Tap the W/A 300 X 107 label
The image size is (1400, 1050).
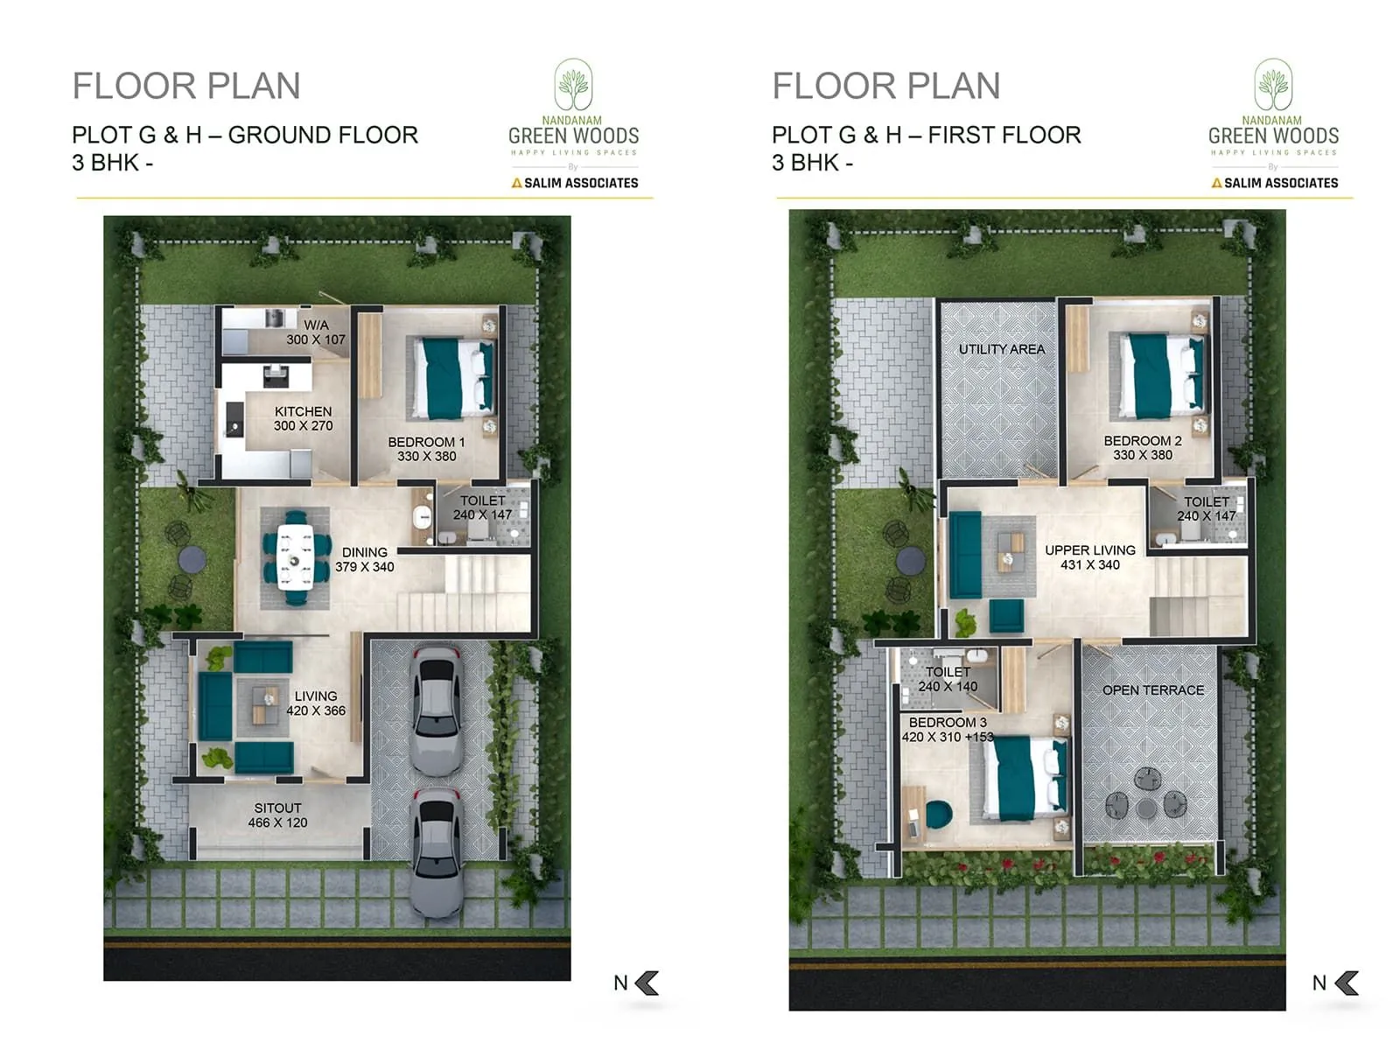point(316,332)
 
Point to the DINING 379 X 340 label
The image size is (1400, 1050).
point(364,560)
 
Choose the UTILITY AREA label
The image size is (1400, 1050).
point(1002,349)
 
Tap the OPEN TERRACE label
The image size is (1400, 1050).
point(1152,690)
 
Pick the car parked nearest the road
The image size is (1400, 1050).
point(437,853)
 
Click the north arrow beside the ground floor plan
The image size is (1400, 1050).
point(647,983)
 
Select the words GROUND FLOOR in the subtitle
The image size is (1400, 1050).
point(323,135)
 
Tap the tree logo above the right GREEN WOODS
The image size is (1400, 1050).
point(1273,85)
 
